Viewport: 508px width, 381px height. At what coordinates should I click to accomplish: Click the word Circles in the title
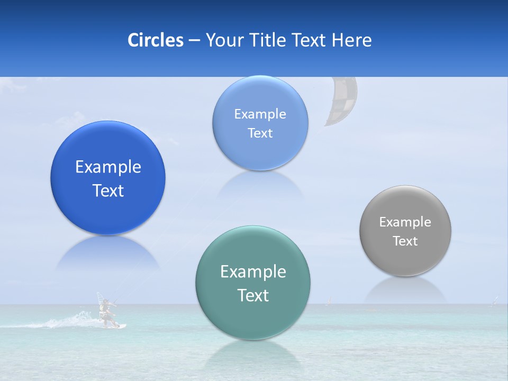click(155, 40)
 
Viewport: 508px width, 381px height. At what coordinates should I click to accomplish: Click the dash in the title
click(194, 41)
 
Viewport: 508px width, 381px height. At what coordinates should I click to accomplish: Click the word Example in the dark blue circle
click(108, 167)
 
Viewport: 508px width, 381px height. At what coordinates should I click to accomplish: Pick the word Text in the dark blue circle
click(108, 190)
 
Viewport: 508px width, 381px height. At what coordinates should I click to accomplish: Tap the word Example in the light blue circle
click(260, 114)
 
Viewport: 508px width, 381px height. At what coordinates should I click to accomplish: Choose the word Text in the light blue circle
click(260, 133)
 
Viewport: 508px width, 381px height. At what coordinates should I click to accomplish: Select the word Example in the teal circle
click(253, 272)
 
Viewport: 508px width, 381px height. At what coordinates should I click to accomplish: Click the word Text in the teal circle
click(253, 295)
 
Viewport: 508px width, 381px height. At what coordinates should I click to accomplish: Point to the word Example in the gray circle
click(405, 222)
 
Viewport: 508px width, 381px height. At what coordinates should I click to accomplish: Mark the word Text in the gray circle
click(405, 241)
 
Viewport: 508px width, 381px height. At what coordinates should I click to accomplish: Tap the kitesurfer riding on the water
click(106, 312)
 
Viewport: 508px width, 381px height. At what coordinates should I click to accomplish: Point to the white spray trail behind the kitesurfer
click(69, 322)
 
